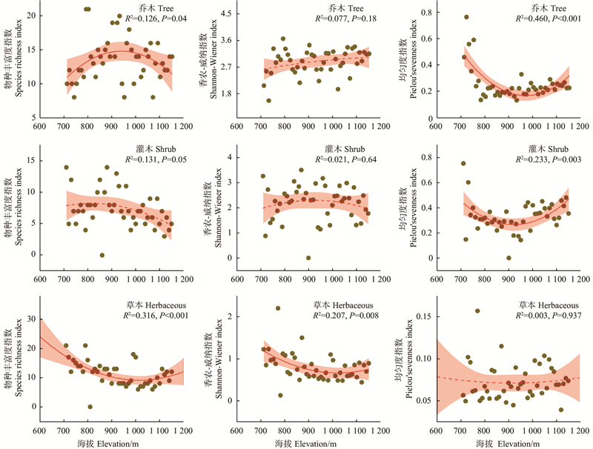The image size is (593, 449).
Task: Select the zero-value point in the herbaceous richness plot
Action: [x=90, y=407]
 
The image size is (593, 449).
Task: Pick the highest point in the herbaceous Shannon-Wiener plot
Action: [x=278, y=308]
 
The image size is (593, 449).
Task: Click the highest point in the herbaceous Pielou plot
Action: [x=477, y=311]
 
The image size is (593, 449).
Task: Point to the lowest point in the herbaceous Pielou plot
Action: [x=560, y=410]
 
